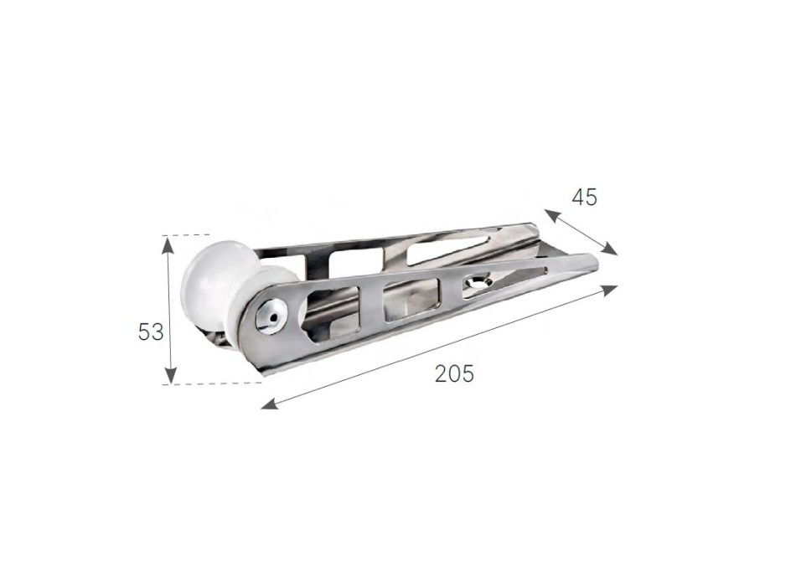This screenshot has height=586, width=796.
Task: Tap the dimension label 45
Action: click(x=584, y=198)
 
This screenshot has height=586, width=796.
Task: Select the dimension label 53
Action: click(x=150, y=332)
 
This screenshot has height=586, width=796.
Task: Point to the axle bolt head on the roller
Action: click(x=271, y=314)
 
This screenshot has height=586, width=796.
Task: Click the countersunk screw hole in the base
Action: click(x=478, y=285)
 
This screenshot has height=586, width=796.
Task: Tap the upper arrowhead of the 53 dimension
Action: click(x=169, y=243)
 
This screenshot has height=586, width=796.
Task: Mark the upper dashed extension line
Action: click(x=188, y=234)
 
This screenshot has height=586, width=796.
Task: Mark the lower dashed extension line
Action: click(x=214, y=384)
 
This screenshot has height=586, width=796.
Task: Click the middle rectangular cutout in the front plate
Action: click(x=410, y=300)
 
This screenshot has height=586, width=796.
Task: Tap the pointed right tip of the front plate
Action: click(x=596, y=266)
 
